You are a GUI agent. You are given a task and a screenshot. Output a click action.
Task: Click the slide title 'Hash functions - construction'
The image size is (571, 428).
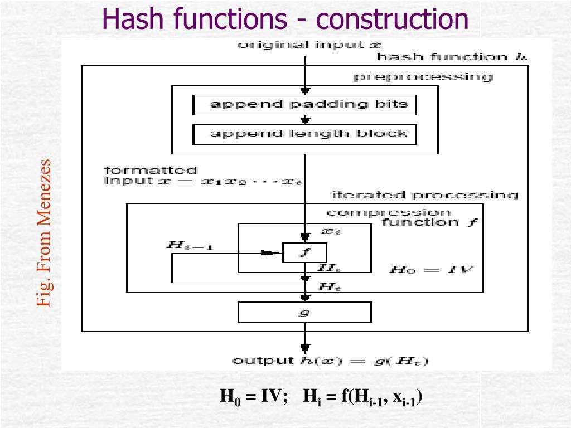point(285,19)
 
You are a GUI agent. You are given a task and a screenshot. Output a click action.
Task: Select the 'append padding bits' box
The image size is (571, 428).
point(304,105)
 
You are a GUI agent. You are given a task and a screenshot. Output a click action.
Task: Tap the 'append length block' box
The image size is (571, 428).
point(304,134)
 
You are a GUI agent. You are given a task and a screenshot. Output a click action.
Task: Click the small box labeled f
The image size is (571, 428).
point(304,252)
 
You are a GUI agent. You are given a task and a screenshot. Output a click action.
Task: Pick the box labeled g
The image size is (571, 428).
point(304,312)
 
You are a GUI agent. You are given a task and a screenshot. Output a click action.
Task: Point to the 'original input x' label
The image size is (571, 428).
point(309,45)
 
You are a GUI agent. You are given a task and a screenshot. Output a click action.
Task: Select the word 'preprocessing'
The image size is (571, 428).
point(424,77)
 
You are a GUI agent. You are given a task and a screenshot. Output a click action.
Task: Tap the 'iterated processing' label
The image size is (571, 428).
point(425,195)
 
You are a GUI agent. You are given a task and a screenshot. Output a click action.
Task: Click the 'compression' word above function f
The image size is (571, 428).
point(389,212)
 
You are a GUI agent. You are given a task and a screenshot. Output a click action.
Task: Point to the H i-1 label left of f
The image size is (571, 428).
point(190,245)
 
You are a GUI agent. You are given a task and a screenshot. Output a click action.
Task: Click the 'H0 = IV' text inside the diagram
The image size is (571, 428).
point(432,269)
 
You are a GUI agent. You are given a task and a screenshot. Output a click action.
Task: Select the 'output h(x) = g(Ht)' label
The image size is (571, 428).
point(330,361)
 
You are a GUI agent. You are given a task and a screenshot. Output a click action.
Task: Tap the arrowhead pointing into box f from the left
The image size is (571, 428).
point(270,253)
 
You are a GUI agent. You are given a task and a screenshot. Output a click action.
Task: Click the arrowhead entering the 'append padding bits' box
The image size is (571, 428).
point(304,91)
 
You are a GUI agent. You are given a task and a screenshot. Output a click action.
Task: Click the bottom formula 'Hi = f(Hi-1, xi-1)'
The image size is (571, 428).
point(362,397)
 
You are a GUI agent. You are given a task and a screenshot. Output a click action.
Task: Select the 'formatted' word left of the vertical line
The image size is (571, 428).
point(151,170)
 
